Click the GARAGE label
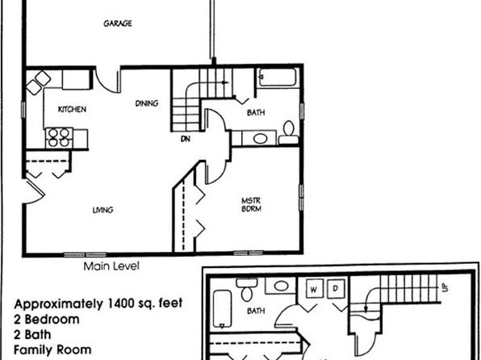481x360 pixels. pos(118,23)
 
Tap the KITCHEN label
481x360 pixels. pos(72,109)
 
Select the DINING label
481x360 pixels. pos(147,103)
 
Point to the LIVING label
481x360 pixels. pos(102,210)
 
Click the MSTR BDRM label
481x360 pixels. pos(252,205)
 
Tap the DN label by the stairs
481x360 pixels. pos(186,139)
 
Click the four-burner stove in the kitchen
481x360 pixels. pos(59,138)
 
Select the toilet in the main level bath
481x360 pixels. pos(288,132)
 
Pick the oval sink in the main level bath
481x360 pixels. pos(260,138)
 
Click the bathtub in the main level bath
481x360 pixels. pos(278,77)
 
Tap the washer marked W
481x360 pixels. pos(315,288)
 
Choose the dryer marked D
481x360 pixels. pos(336,288)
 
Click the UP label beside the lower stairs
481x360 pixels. pos(445,287)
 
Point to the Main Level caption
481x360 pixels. pos(111,266)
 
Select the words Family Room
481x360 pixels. pos(52,350)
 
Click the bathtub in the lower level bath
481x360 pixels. pos(222,309)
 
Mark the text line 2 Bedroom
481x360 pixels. pos(46,320)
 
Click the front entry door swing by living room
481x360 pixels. pos(36,192)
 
